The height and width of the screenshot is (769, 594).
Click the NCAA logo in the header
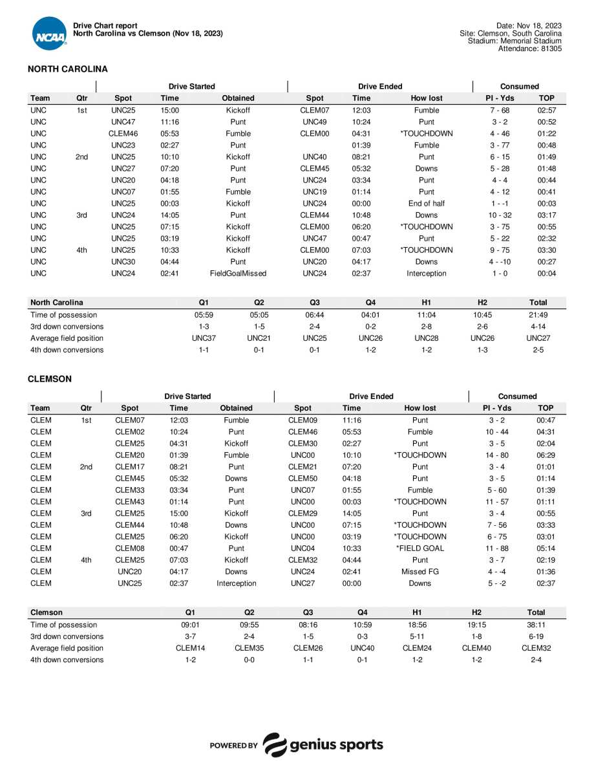(49, 34)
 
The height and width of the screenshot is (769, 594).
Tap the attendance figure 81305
(549, 49)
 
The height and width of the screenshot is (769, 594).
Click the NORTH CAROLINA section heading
(67, 69)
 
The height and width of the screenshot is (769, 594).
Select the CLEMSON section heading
(50, 379)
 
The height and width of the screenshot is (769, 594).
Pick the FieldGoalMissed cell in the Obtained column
(238, 274)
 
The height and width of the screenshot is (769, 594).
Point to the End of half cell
(427, 204)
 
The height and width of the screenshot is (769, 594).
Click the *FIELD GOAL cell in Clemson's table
(419, 548)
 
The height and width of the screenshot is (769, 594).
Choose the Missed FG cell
(419, 572)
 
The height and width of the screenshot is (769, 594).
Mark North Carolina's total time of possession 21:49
(538, 315)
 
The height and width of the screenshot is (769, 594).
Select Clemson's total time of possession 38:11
(536, 625)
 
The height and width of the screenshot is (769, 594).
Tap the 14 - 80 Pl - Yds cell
(497, 455)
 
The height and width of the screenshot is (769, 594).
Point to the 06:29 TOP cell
(546, 455)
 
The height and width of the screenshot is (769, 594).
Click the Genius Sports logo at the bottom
(297, 745)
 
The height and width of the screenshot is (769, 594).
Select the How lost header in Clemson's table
(419, 408)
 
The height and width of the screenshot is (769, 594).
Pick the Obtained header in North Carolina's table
(238, 98)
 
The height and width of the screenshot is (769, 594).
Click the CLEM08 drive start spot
(129, 548)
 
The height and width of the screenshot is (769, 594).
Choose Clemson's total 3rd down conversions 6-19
(536, 636)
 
